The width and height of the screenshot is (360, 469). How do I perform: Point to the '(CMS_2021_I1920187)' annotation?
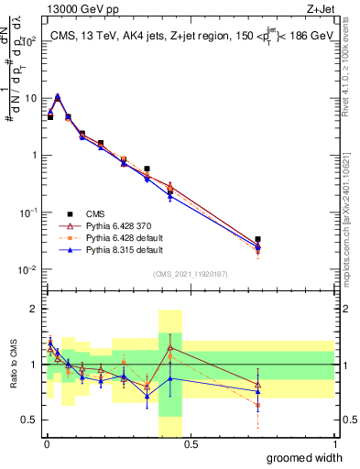[x=190, y=274]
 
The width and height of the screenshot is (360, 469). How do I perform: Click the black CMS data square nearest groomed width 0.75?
[x=257, y=239]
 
